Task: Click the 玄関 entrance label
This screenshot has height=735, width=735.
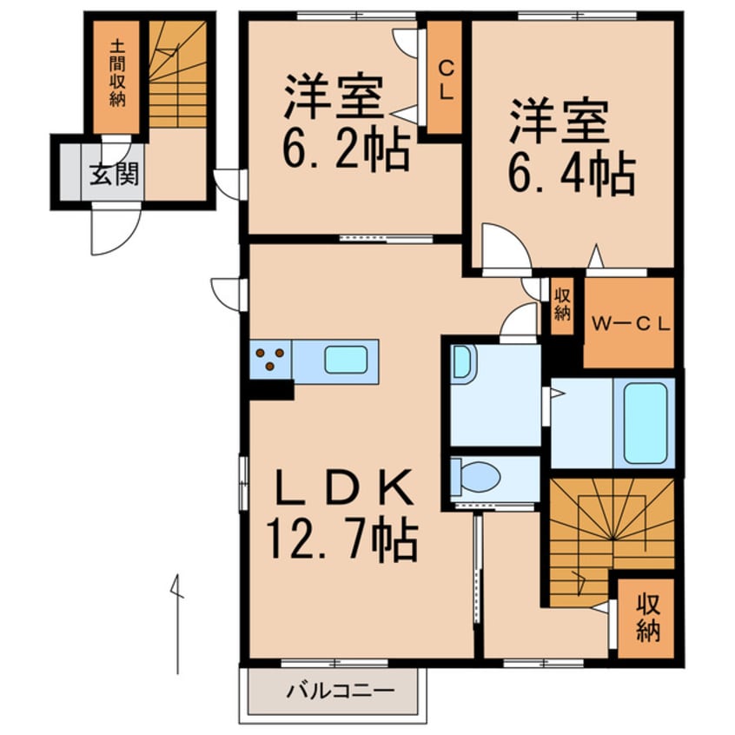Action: coord(114,175)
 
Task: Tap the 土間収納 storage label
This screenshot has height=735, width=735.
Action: coord(117,74)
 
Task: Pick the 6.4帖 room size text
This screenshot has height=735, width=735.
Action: coord(572,173)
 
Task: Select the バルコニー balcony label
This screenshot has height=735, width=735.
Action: coord(341,691)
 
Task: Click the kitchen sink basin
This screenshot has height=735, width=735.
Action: coord(346,360)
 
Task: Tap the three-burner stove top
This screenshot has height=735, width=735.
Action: coord(270,360)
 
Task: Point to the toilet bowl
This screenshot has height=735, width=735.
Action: coord(475,477)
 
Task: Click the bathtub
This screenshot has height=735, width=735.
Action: coord(645,423)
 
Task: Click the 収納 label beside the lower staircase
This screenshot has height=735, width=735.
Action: coord(648,619)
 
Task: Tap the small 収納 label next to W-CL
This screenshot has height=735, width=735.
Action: coord(562,306)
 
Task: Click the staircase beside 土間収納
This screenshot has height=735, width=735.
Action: coord(177,74)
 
